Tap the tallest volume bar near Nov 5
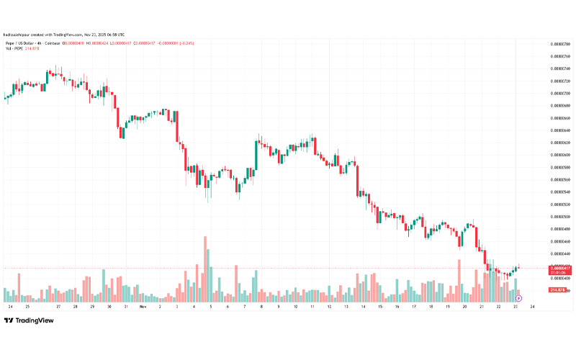pos(205,268)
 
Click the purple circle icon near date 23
pos(519,297)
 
